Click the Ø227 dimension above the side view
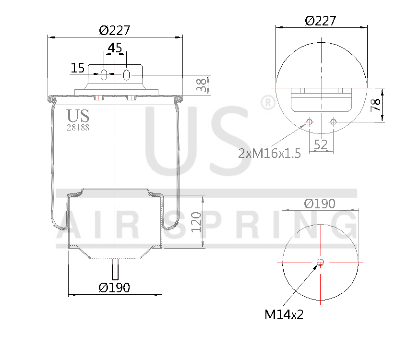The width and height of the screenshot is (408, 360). pyautogui.click(x=115, y=30)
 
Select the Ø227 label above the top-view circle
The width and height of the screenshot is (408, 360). pyautogui.click(x=321, y=21)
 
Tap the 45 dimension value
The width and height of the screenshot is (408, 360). pyautogui.click(x=115, y=48)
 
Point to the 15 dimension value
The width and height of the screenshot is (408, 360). pyautogui.click(x=77, y=68)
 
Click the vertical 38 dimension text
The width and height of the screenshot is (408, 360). pyautogui.click(x=204, y=85)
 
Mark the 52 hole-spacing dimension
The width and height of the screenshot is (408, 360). pyautogui.click(x=321, y=144)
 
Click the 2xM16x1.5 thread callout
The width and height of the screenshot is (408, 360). pyautogui.click(x=269, y=153)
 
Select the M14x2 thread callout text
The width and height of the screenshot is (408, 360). pyautogui.click(x=284, y=314)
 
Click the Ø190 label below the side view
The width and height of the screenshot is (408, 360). pyautogui.click(x=114, y=288)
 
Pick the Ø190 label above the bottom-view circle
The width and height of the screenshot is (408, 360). pyautogui.click(x=320, y=204)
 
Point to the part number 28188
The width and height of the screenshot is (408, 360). pyautogui.click(x=78, y=128)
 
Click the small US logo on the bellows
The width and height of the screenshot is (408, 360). pyautogui.click(x=78, y=116)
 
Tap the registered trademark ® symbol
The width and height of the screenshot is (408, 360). pyautogui.click(x=267, y=102)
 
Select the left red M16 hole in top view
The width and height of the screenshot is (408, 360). pyautogui.click(x=309, y=122)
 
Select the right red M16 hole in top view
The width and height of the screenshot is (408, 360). pyautogui.click(x=333, y=122)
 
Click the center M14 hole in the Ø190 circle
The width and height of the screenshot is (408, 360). pyautogui.click(x=321, y=262)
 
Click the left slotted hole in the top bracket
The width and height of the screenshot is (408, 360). pyautogui.click(x=104, y=74)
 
